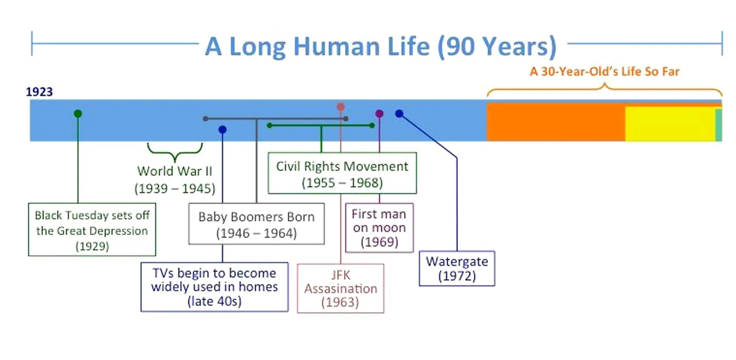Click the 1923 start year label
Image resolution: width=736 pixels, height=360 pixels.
[x=39, y=92]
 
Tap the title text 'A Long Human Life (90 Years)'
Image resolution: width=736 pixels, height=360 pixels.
[x=381, y=46]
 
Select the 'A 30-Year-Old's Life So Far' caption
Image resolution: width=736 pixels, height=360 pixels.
[x=604, y=71]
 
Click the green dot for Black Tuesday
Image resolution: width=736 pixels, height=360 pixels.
[x=78, y=114]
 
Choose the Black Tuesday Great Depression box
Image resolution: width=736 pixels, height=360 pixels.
[x=92, y=229]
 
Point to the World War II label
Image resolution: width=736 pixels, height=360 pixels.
[x=175, y=180]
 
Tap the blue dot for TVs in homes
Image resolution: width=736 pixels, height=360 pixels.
[x=223, y=130]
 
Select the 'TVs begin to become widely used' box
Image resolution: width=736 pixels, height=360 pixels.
[x=214, y=287]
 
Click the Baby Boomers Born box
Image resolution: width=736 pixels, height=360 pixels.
[x=256, y=224]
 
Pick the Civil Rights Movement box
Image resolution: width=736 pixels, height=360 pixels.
[x=342, y=173]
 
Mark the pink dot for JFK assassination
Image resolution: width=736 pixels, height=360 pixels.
[x=341, y=106]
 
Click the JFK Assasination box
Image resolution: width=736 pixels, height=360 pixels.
[x=340, y=289]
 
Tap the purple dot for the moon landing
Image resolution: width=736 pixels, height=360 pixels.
[x=379, y=114]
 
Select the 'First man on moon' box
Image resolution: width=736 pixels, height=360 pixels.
[x=379, y=228]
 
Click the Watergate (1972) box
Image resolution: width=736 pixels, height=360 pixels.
[x=457, y=268]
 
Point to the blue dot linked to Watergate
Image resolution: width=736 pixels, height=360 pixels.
[x=399, y=114]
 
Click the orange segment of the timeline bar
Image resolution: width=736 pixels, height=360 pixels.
[x=556, y=122]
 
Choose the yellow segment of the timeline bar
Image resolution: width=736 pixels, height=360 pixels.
[x=670, y=124]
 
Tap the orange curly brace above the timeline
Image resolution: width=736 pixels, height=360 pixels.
[x=604, y=89]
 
